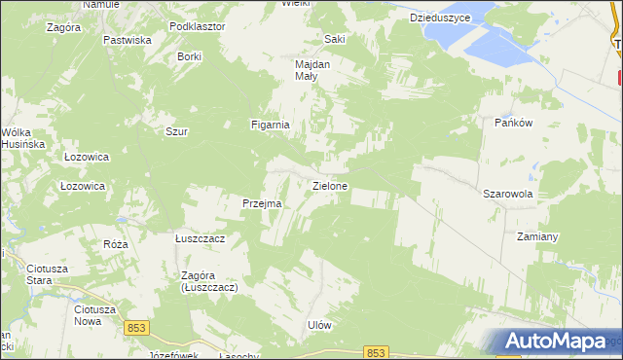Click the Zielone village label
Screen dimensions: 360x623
tap(330, 185)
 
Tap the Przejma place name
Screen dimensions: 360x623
tap(262, 203)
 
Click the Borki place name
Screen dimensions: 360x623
tap(189, 57)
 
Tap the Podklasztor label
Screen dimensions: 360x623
tap(197, 26)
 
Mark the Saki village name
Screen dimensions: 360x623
tap(335, 40)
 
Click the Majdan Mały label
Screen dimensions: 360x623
tap(313, 70)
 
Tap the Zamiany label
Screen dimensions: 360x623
tap(537, 236)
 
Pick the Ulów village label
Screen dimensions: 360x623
tap(320, 326)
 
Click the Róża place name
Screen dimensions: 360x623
tap(116, 243)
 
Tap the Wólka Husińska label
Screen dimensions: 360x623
tap(23, 138)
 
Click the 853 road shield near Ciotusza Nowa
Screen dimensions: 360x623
tap(135, 329)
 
